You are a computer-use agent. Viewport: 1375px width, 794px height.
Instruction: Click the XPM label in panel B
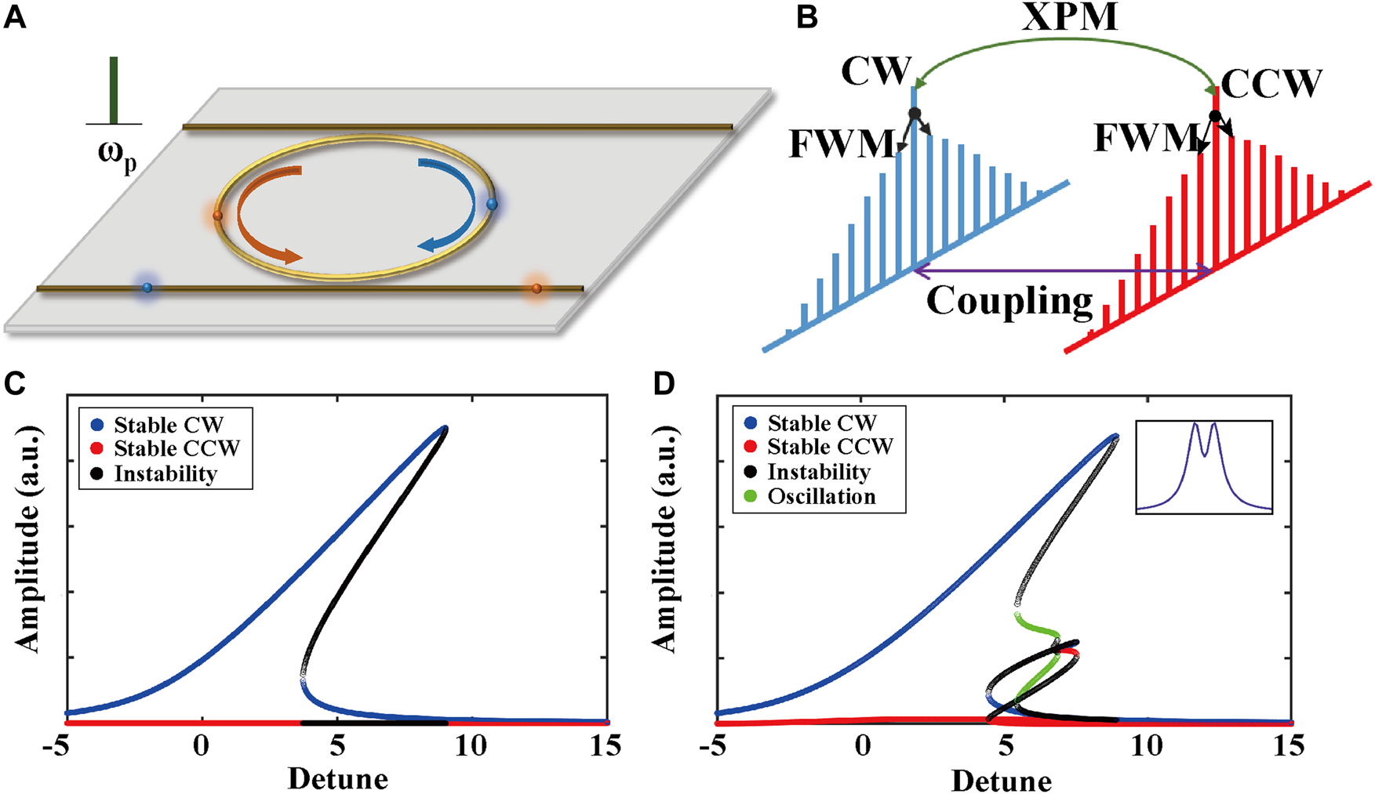pyautogui.click(x=1070, y=17)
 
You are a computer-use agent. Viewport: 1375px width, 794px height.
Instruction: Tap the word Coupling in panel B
pyautogui.click(x=1009, y=301)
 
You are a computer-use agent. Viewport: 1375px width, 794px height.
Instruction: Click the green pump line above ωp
pyautogui.click(x=114, y=89)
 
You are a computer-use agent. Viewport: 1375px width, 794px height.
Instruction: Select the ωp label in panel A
pyautogui.click(x=117, y=153)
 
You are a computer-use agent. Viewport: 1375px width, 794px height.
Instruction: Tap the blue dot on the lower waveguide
pyautogui.click(x=147, y=288)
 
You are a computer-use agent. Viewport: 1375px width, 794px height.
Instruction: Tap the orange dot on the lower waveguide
pyautogui.click(x=537, y=288)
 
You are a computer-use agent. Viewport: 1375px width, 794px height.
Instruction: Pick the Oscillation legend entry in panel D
pyautogui.click(x=820, y=497)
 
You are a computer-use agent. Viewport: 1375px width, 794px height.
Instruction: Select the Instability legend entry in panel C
pyautogui.click(x=165, y=473)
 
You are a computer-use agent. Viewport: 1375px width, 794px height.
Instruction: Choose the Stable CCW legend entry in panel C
pyautogui.click(x=176, y=449)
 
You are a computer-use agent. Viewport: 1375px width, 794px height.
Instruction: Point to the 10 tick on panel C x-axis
pyautogui.click(x=472, y=745)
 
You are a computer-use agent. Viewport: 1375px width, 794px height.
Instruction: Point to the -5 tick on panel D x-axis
pyautogui.click(x=715, y=745)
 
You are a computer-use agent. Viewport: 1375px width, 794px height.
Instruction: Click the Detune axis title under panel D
pyautogui.click(x=1001, y=781)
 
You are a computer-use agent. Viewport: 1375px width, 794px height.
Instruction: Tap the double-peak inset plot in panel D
pyautogui.click(x=1204, y=467)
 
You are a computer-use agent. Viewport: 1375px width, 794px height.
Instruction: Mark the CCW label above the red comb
pyautogui.click(x=1271, y=83)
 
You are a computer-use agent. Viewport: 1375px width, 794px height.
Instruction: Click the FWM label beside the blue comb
pyautogui.click(x=841, y=143)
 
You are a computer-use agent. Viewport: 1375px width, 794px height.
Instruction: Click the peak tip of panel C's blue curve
pyautogui.click(x=445, y=428)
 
